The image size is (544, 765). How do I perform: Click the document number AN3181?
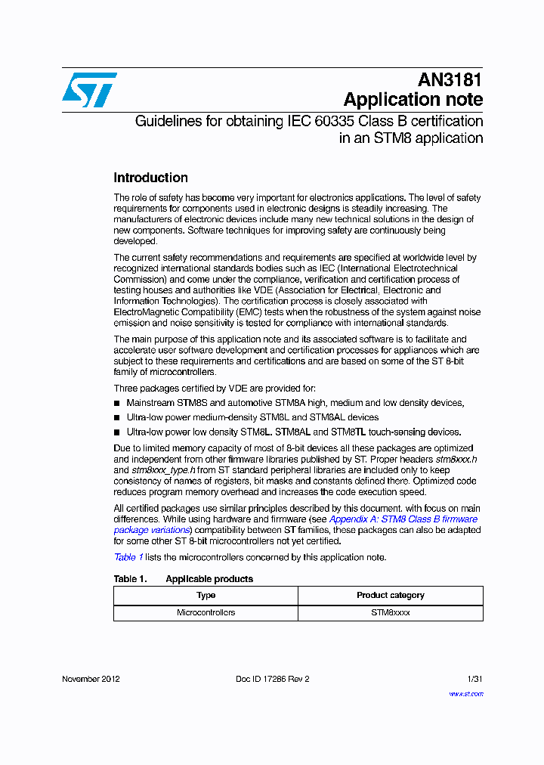(450, 80)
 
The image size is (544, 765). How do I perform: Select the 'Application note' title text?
(413, 100)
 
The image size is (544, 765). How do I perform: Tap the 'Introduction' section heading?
(150, 178)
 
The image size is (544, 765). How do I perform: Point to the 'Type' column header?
(206, 595)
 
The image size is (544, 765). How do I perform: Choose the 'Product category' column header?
(390, 595)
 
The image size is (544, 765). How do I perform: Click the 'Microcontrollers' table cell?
(206, 612)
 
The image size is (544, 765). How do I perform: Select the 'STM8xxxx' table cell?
(390, 612)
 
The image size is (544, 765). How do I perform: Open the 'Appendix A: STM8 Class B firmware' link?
(403, 519)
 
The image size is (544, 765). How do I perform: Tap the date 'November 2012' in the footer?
(91, 679)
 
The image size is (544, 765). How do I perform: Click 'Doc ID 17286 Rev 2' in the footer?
(272, 679)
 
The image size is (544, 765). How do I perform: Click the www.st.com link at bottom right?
(465, 693)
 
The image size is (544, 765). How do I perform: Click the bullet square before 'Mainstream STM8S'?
(117, 404)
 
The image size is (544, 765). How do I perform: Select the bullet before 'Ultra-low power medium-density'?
(117, 418)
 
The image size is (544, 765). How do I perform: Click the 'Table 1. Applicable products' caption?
(183, 579)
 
